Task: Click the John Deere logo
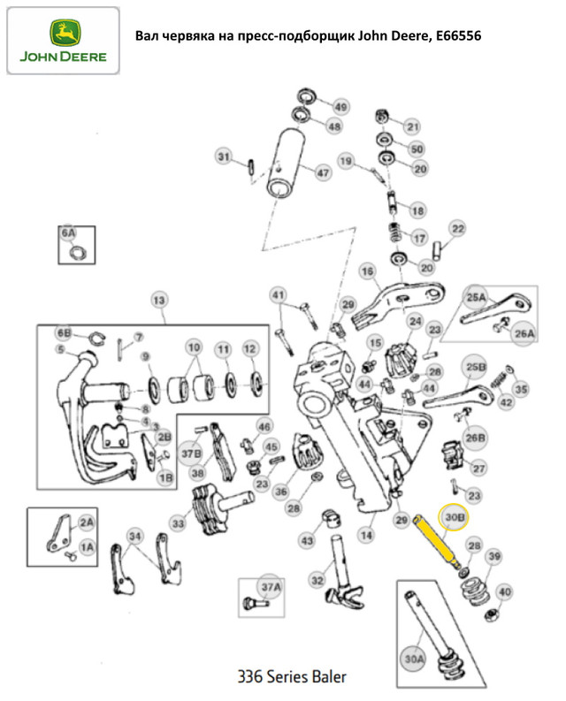[x=63, y=42]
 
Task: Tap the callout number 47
[x=322, y=172]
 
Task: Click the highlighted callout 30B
[x=455, y=517]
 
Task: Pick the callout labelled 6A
[x=68, y=233]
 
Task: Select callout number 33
[x=179, y=523]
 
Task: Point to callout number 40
[x=505, y=592]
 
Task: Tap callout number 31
[x=225, y=157]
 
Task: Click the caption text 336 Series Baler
[x=293, y=677]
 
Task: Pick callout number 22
[x=456, y=229]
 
